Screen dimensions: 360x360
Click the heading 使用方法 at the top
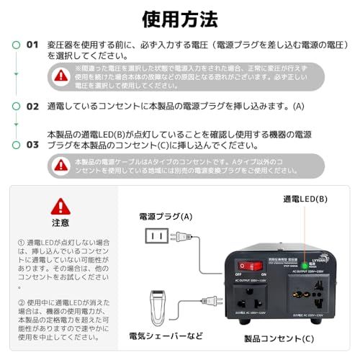(x=180, y=17)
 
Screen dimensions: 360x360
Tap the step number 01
(x=32, y=44)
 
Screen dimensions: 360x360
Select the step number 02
(x=32, y=106)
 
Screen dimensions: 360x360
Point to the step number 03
(x=32, y=144)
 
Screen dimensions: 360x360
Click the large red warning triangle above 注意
(x=60, y=207)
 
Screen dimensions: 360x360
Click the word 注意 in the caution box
(x=60, y=223)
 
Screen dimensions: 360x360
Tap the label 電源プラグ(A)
(x=166, y=216)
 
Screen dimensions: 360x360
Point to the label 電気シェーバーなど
(x=166, y=336)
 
